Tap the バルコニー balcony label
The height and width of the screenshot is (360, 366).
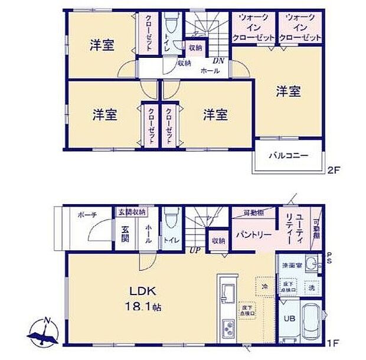pyautogui.click(x=289, y=156)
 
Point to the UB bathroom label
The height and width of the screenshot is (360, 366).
pyautogui.click(x=290, y=319)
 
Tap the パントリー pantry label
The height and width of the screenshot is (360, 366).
pyautogui.click(x=254, y=235)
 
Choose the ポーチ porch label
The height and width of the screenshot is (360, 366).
pyautogui.click(x=87, y=215)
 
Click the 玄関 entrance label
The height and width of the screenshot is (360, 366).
pyautogui.click(x=126, y=234)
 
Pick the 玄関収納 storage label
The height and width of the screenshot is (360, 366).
pyautogui.click(x=131, y=212)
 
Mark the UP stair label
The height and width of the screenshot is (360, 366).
pyautogui.click(x=193, y=250)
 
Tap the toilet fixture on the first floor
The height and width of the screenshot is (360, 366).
pyautogui.click(x=170, y=218)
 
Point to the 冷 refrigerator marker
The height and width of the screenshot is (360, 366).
pyautogui.click(x=263, y=286)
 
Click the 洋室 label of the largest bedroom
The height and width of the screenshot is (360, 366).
pyautogui.click(x=288, y=91)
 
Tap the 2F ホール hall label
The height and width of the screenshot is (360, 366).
pyautogui.click(x=210, y=70)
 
